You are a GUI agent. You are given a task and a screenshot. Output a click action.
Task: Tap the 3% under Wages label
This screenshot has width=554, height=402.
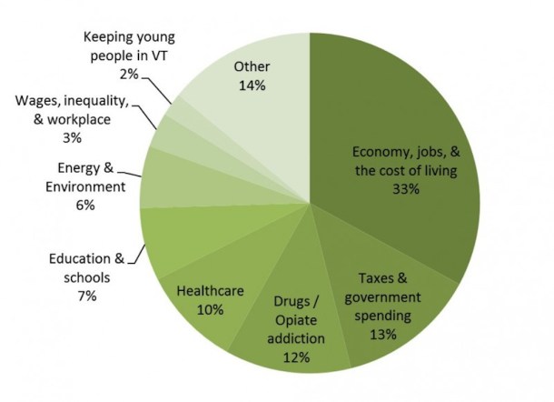[73, 138]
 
